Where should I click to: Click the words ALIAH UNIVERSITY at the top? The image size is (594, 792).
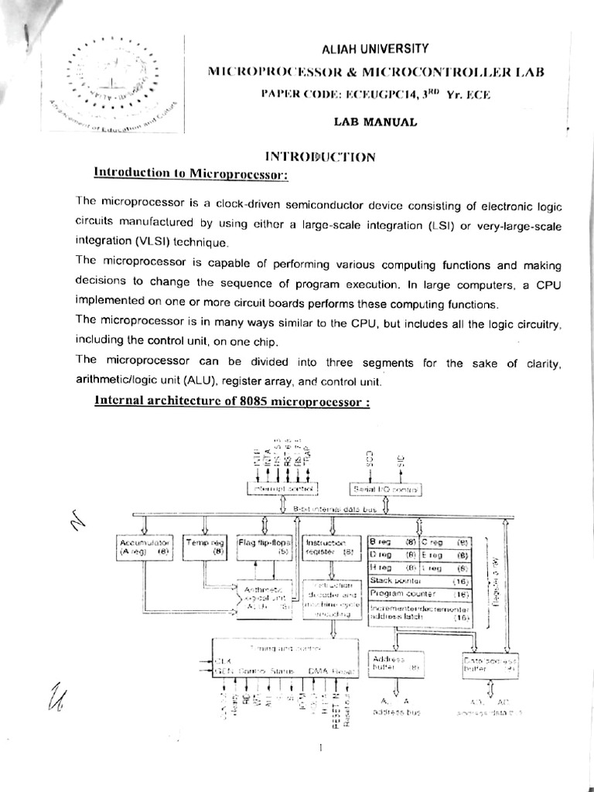coord(375,48)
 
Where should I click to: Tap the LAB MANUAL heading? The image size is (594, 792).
coord(375,121)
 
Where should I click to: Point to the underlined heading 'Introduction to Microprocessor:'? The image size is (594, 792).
coord(190,175)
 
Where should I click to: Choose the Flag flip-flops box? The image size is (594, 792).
coord(265,548)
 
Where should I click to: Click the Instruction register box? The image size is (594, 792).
coord(331,548)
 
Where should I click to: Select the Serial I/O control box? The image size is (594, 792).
coord(385,489)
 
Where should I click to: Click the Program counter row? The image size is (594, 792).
coord(419,593)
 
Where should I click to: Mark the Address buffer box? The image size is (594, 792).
coord(396,664)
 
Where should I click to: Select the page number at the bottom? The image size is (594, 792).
coord(319,749)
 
